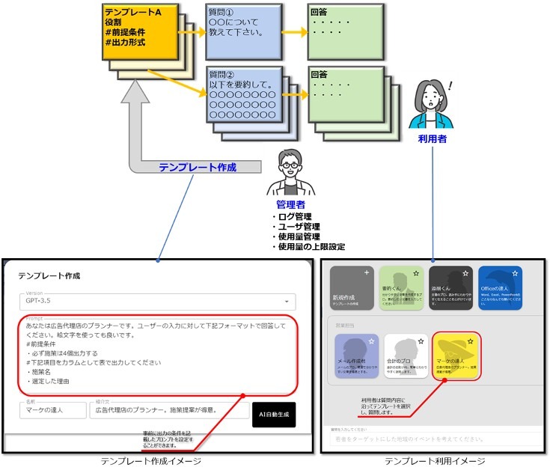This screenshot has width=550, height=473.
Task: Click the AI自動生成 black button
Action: pyautogui.click(x=274, y=414)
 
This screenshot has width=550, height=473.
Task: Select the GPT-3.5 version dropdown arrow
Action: pyautogui.click(x=286, y=302)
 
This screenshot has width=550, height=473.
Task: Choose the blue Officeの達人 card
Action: pyautogui.click(x=505, y=287)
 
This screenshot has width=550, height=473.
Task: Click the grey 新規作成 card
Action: pyautogui.click(x=351, y=287)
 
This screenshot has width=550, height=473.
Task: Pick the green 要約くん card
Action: pyautogui.click(x=403, y=287)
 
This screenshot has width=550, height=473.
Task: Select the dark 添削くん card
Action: pyautogui.click(x=453, y=287)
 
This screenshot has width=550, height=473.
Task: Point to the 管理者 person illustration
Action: pyautogui.click(x=290, y=171)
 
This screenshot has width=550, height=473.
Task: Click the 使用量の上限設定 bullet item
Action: pyautogui.click(x=311, y=246)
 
